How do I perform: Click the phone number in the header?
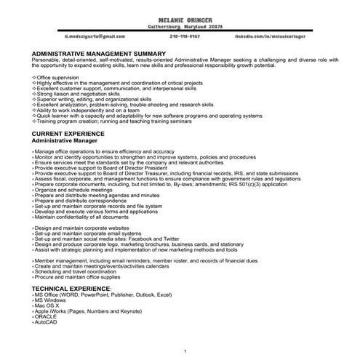[x=185, y=35]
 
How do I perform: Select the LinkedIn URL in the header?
[x=265, y=35]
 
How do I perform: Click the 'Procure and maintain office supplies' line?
[x=79, y=278]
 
